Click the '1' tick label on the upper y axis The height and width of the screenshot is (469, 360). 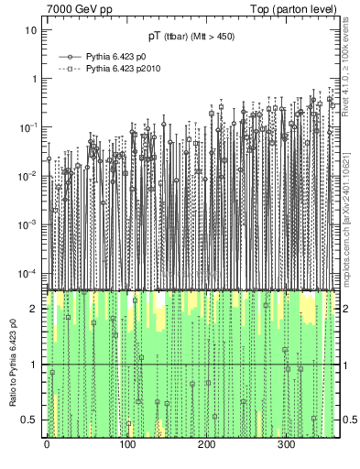[x=35, y=78]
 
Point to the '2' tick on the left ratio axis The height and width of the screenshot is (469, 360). [x=35, y=309]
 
